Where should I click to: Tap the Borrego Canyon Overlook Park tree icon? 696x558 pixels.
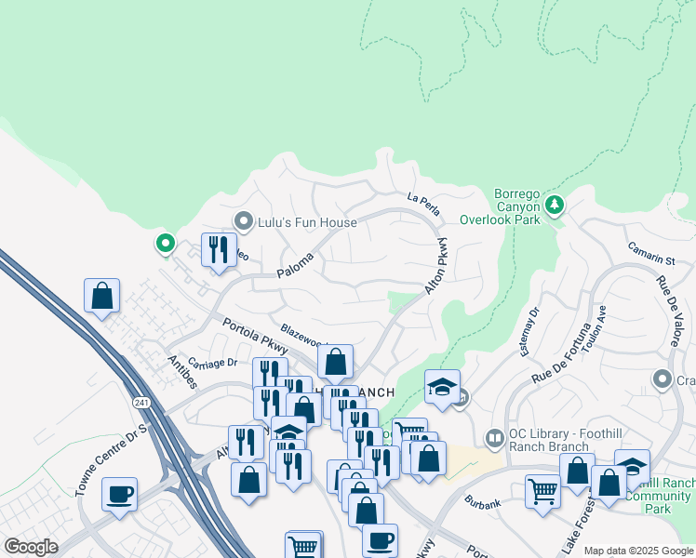pyautogui.click(x=555, y=203)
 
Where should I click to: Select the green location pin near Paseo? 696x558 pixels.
pyautogui.click(x=166, y=244)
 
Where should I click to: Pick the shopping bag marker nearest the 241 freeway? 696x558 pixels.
pyautogui.click(x=102, y=297)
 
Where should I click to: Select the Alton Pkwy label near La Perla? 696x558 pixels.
pyautogui.click(x=438, y=266)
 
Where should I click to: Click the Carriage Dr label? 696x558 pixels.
pyautogui.click(x=213, y=363)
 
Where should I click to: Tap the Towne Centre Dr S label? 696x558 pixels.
pyautogui.click(x=112, y=460)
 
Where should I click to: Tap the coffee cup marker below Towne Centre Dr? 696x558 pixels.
pyautogui.click(x=119, y=495)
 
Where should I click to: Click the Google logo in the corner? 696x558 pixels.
pyautogui.click(x=30, y=547)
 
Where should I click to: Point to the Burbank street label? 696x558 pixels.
pyautogui.click(x=483, y=503)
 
